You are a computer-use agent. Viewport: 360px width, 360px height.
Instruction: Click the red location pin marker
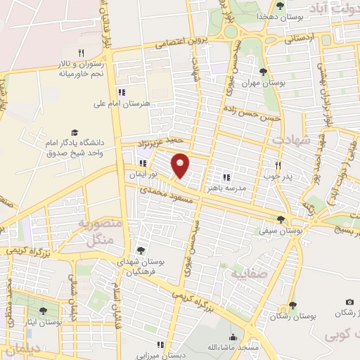point(181,165)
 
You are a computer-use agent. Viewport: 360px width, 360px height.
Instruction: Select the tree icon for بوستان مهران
point(263,72)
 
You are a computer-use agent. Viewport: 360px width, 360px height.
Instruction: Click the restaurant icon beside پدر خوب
point(278,165)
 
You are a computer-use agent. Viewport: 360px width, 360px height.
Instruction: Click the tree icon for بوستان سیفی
point(281,219)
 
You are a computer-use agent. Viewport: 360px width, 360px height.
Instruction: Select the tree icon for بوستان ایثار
point(43,311)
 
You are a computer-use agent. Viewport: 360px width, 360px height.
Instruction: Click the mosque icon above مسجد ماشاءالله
point(233,337)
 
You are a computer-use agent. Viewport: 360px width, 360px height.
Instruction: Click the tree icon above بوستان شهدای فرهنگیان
point(141,250)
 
